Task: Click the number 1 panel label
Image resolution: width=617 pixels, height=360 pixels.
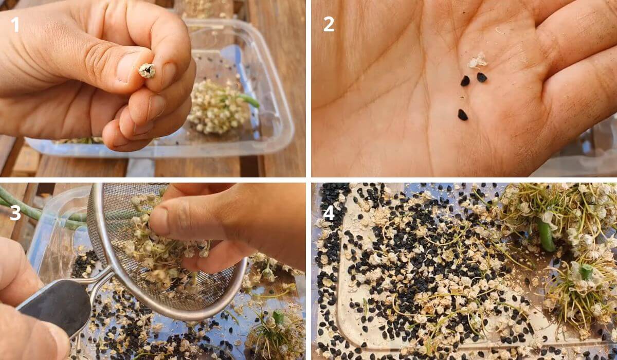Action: (x=15, y=24)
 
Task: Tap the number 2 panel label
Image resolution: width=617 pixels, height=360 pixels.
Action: (x=329, y=24)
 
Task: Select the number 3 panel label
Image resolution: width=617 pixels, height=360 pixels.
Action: (x=15, y=213)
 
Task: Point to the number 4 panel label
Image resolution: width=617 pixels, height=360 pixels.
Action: (x=329, y=213)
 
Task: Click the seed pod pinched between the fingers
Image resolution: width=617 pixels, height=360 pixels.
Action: (x=147, y=70)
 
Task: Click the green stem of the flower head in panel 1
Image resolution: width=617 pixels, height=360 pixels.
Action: (x=249, y=100)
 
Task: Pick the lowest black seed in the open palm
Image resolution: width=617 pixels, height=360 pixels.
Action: (x=463, y=115)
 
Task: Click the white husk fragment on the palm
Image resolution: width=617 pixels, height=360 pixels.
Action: (x=478, y=61)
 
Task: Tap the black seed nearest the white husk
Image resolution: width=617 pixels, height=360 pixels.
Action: (x=481, y=77)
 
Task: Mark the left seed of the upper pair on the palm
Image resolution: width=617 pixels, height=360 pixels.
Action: (x=465, y=81)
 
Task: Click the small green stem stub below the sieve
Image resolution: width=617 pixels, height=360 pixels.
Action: (x=278, y=317)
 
